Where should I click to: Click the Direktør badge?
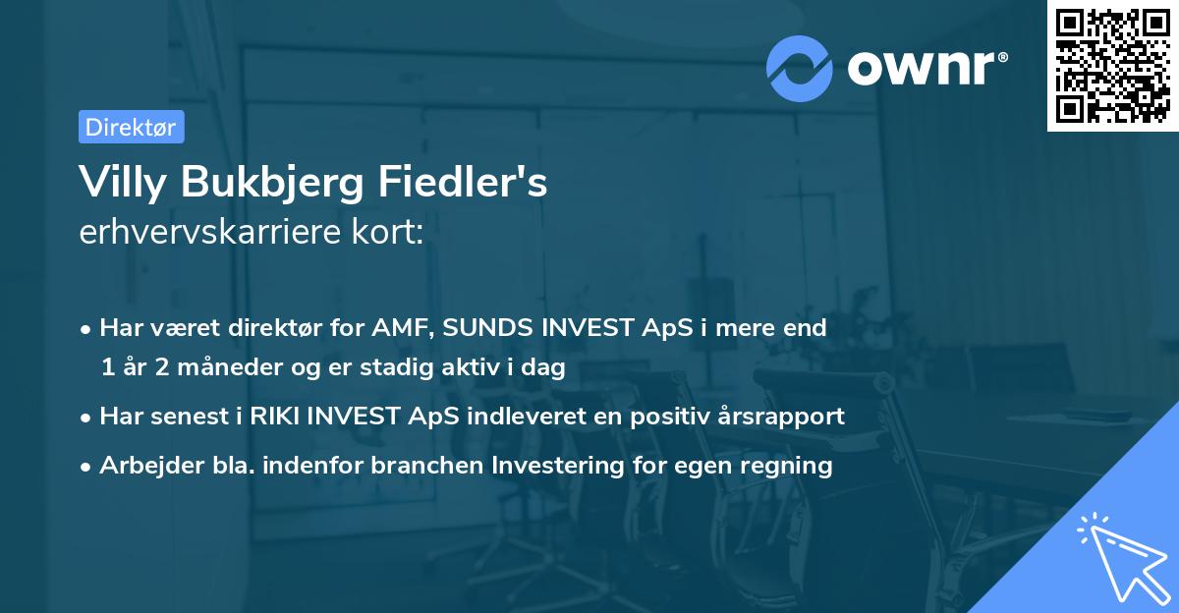tap(131, 127)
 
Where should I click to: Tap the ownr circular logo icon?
tap(800, 68)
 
